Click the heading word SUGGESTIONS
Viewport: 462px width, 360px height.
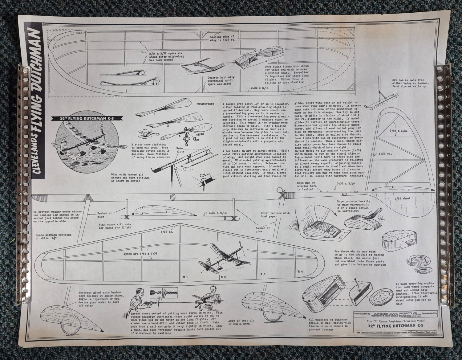[x=205, y=104]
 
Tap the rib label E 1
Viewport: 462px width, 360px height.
[x=185, y=276]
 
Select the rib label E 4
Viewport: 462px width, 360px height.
[x=301, y=271]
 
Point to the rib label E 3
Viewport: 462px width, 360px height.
[x=263, y=274]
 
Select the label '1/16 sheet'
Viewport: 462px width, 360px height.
[x=402, y=198]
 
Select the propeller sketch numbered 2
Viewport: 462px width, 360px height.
[x=172, y=122]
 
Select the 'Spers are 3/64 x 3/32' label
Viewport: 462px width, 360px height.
[x=140, y=254]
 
